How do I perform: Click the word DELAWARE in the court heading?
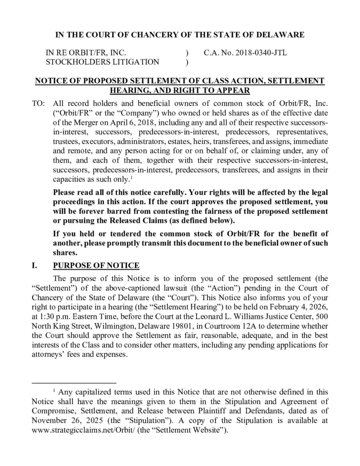279,34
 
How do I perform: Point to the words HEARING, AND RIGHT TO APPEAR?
179,90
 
